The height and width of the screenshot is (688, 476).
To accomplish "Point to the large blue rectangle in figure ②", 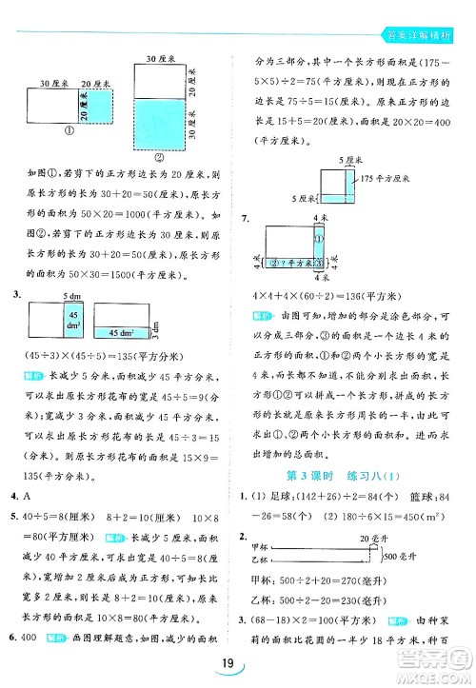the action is pos(157,123).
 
